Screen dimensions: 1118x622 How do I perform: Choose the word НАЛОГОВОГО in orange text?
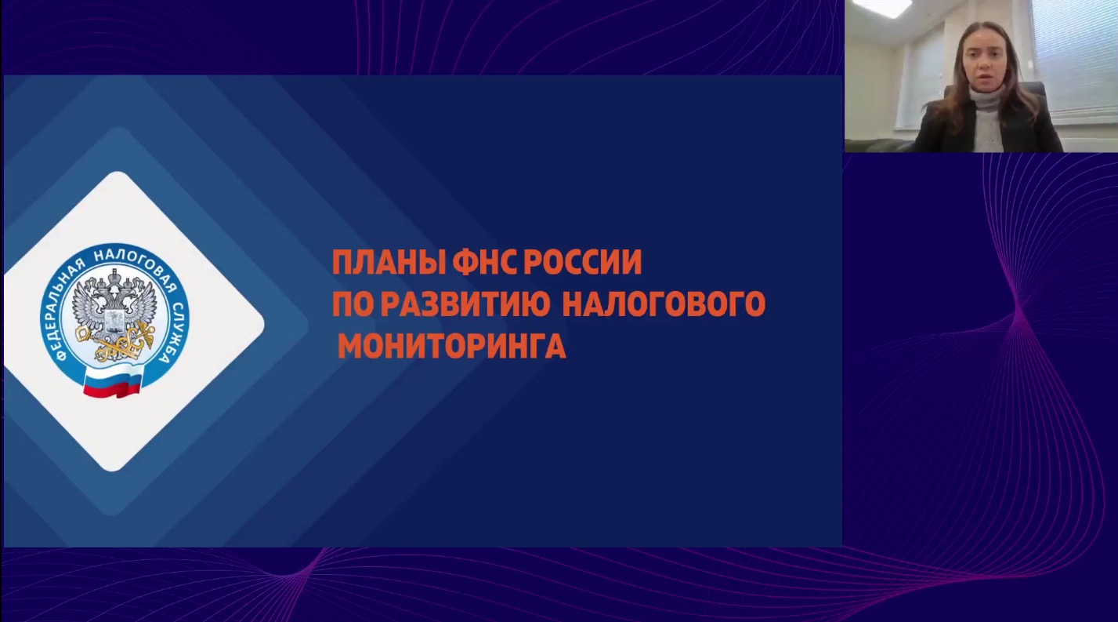pos(664,304)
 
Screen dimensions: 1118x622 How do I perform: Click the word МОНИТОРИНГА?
pos(452,346)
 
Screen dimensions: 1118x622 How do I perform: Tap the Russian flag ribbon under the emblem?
pos(114,381)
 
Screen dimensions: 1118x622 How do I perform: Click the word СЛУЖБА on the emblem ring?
pos(175,333)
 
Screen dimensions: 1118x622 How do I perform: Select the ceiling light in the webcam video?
pos(881,8)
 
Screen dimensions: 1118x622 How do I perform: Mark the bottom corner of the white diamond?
pos(113,471)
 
